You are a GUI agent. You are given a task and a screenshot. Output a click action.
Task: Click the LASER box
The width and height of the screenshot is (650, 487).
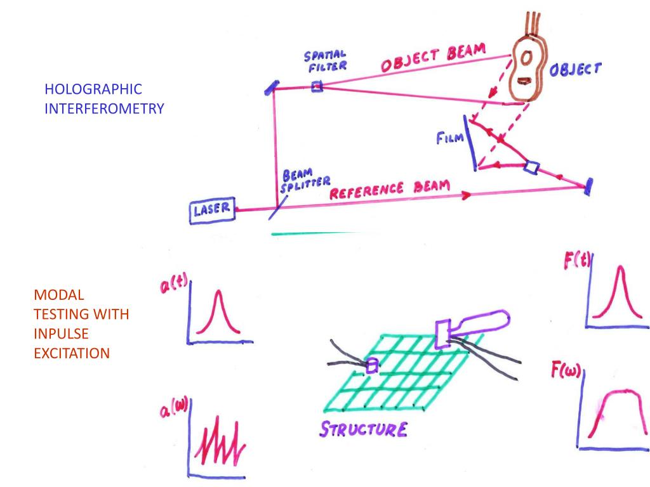[212, 211]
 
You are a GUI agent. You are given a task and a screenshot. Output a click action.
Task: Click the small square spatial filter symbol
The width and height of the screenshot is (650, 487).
[317, 87]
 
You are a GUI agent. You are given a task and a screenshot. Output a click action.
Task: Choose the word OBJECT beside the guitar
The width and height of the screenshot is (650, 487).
[574, 68]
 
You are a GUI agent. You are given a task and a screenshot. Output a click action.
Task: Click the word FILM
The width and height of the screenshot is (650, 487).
[449, 137]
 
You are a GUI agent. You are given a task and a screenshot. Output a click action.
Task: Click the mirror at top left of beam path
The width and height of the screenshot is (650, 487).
[269, 88]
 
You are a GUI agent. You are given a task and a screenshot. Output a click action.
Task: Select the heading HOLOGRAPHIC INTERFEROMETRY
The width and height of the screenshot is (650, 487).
[104, 98]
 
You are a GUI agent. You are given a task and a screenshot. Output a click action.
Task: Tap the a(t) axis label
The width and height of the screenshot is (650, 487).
[172, 286]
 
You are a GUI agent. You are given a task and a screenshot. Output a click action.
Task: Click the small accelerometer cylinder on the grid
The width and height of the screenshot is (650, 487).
[373, 365]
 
